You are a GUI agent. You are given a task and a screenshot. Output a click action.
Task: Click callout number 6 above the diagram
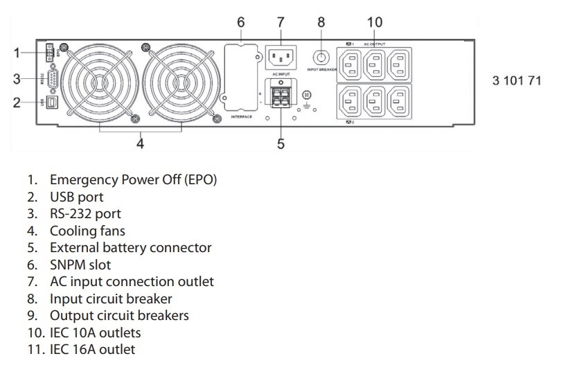[240, 22]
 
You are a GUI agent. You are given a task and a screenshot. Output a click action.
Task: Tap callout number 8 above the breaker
[321, 22]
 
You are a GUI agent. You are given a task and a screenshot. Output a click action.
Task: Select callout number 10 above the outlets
[374, 22]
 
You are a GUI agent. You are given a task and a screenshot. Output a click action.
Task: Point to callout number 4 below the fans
[141, 144]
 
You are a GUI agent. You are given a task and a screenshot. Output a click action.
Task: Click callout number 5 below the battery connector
[281, 144]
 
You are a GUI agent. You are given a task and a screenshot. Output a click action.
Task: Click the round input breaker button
[321, 55]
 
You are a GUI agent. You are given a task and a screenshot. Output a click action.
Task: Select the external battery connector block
[281, 96]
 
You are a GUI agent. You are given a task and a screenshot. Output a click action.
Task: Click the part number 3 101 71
[517, 80]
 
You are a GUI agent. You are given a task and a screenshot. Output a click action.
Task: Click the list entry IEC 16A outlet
[92, 349]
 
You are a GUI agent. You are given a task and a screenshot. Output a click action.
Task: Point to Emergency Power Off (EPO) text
[133, 180]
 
